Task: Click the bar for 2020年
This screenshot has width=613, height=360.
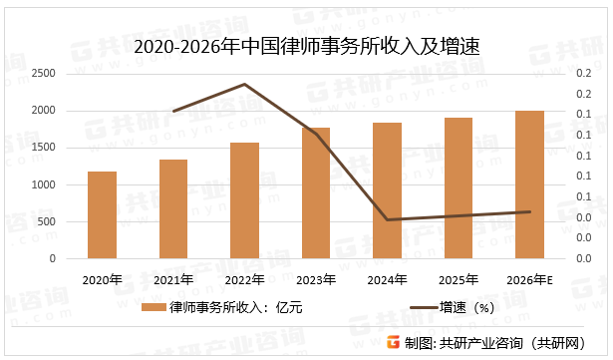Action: pyautogui.click(x=102, y=215)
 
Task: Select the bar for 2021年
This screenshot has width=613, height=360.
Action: pyautogui.click(x=173, y=209)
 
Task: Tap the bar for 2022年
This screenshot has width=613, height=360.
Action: pyautogui.click(x=244, y=200)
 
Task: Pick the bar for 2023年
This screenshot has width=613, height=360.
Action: pyautogui.click(x=316, y=193)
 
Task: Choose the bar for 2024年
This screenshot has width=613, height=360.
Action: pyautogui.click(x=387, y=190)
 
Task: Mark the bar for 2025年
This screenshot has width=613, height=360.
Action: pyautogui.click(x=458, y=188)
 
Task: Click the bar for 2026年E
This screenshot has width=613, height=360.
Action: pyautogui.click(x=529, y=184)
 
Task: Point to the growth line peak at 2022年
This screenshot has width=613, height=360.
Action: pyautogui.click(x=244, y=85)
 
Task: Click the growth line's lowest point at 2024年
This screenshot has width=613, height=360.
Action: pyautogui.click(x=387, y=219)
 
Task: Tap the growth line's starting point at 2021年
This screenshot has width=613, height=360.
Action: pyautogui.click(x=173, y=111)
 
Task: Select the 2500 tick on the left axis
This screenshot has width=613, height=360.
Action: pyautogui.click(x=44, y=74)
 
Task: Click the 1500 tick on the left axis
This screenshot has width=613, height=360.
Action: pyautogui.click(x=44, y=148)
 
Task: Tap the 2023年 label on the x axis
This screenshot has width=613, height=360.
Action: pyautogui.click(x=316, y=278)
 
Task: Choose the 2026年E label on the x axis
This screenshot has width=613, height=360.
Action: pyautogui.click(x=529, y=278)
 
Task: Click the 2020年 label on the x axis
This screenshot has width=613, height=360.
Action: pyautogui.click(x=102, y=278)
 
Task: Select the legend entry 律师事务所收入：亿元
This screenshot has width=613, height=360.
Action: pyautogui.click(x=224, y=308)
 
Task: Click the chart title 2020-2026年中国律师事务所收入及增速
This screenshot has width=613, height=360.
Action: pyautogui.click(x=306, y=46)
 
